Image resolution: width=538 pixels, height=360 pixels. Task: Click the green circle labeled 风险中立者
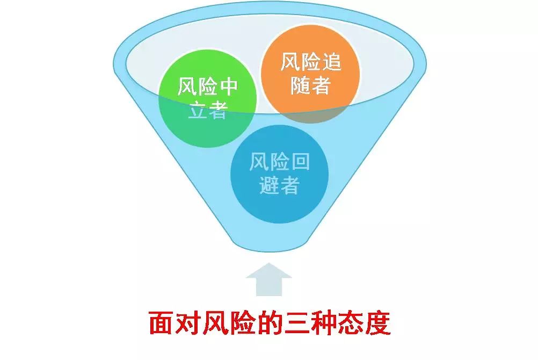point(208,98)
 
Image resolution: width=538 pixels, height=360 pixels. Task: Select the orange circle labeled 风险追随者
point(310,74)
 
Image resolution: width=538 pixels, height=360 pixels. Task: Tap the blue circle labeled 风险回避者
point(279,174)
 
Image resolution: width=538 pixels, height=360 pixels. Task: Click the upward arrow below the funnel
point(269,279)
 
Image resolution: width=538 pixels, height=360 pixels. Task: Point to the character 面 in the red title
point(161,323)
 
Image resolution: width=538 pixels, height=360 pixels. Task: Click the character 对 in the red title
point(188,323)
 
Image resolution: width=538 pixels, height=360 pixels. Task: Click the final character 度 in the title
point(377,323)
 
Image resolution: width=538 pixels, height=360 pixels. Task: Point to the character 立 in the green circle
point(198,110)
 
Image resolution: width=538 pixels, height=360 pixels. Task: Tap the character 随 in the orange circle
point(301,85)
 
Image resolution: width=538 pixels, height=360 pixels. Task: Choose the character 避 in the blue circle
point(270,185)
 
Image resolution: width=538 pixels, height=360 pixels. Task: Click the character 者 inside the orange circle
point(321,85)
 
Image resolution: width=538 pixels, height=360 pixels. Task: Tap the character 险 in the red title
point(242,323)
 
